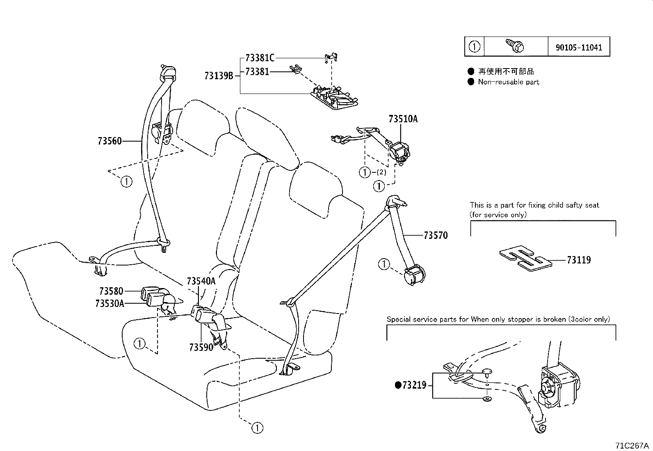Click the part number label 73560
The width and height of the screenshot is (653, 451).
tap(110, 141)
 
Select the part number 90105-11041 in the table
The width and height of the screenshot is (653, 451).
tap(579, 47)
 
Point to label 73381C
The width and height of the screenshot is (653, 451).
tap(260, 58)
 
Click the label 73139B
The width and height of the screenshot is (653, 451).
tap(219, 76)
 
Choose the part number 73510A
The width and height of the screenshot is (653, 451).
tap(403, 119)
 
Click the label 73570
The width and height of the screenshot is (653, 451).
tap(436, 236)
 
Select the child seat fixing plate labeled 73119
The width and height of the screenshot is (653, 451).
tap(525, 259)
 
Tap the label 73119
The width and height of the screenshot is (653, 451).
tap(579, 260)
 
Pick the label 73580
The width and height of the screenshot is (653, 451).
tap(111, 291)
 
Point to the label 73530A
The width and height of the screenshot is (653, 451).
tap(109, 303)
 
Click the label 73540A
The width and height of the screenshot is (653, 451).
tap(201, 282)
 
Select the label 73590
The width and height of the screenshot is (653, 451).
tap(201, 347)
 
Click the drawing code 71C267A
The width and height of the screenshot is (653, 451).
tap(632, 445)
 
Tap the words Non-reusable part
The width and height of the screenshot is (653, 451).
tap(508, 82)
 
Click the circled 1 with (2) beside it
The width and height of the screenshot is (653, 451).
tap(364, 172)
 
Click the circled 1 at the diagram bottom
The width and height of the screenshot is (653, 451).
tap(257, 428)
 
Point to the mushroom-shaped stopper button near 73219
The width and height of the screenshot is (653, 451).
tap(487, 372)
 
